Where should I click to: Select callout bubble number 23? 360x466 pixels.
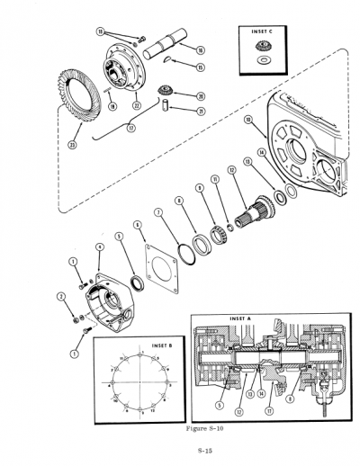[72, 141]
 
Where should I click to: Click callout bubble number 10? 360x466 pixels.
[247, 119]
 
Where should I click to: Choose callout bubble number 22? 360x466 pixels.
[137, 104]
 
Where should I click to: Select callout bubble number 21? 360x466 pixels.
[200, 111]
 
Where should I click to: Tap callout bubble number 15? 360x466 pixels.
[200, 67]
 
